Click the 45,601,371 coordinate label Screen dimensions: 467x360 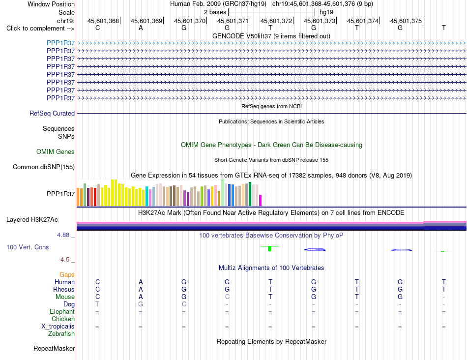point(233,21)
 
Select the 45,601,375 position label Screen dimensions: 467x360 point(406,21)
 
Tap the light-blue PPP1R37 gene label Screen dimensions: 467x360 point(61,43)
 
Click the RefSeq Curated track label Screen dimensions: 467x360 point(52,113)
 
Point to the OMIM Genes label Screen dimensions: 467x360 point(56,151)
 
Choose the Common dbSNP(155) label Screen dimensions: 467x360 point(44,167)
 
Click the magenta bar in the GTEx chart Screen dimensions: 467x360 point(261,200)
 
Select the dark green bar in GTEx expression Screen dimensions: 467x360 point(250,194)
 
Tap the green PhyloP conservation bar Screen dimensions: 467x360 point(269,248)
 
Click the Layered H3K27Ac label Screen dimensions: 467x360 point(32,220)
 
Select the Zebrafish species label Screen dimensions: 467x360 point(61,334)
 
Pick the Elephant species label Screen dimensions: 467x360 point(62,311)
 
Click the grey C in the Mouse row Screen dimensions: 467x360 point(227,297)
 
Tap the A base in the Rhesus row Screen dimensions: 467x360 point(141,289)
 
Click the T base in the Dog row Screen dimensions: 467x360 point(97,304)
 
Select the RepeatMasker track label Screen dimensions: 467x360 point(54,348)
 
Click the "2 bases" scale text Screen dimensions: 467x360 point(215,12)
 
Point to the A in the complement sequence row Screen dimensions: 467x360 point(141,28)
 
